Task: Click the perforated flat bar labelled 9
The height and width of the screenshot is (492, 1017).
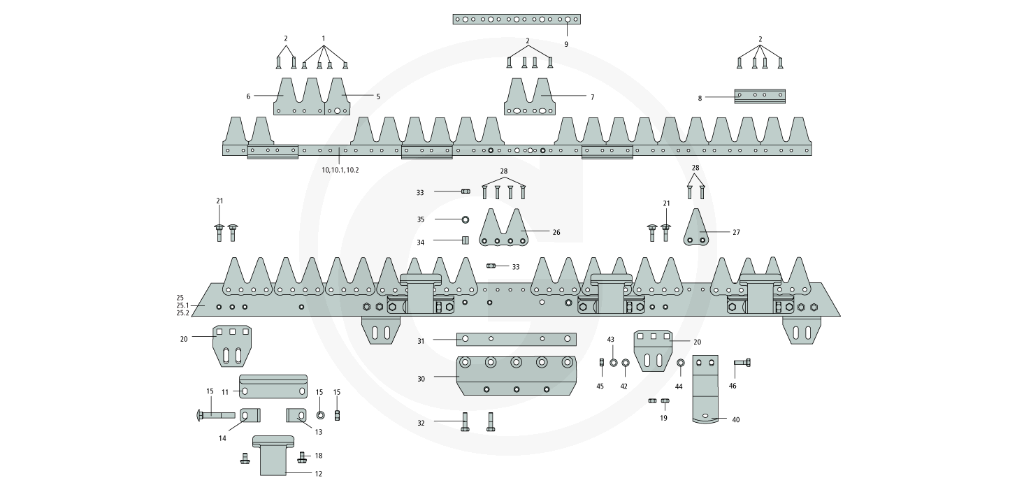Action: pyautogui.click(x=516, y=19)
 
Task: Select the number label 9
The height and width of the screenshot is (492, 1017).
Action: pyautogui.click(x=566, y=44)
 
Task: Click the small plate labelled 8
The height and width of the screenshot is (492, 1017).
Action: pyautogui.click(x=759, y=96)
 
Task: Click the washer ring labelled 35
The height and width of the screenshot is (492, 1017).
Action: pyautogui.click(x=465, y=219)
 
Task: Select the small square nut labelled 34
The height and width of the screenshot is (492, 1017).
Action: pyautogui.click(x=464, y=241)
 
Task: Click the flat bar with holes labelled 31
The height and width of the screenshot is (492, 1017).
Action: pyautogui.click(x=516, y=339)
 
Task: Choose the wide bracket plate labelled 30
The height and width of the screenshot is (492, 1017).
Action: pyautogui.click(x=516, y=375)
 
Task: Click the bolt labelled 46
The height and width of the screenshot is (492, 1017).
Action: pyautogui.click(x=742, y=363)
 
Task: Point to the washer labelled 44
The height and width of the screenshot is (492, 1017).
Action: pyautogui.click(x=681, y=363)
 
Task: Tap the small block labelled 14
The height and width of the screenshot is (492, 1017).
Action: pyautogui.click(x=251, y=416)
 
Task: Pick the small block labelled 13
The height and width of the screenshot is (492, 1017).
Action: pyautogui.click(x=297, y=416)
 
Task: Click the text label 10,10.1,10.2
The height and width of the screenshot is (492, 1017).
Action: pyautogui.click(x=340, y=170)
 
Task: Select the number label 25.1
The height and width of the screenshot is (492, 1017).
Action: pyautogui.click(x=183, y=305)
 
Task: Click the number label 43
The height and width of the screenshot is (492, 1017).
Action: pyautogui.click(x=610, y=339)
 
